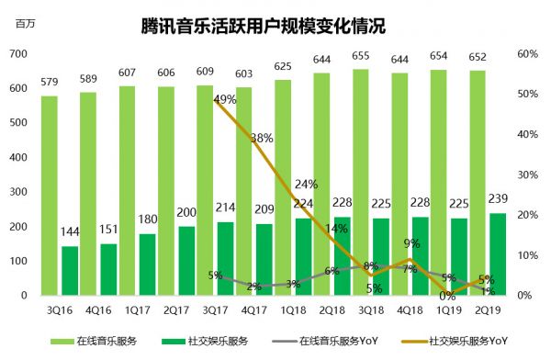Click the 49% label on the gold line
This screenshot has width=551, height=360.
point(225,99)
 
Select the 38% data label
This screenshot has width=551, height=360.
point(262,139)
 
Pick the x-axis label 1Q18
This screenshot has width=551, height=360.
point(294,309)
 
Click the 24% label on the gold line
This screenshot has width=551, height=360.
point(306,184)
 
